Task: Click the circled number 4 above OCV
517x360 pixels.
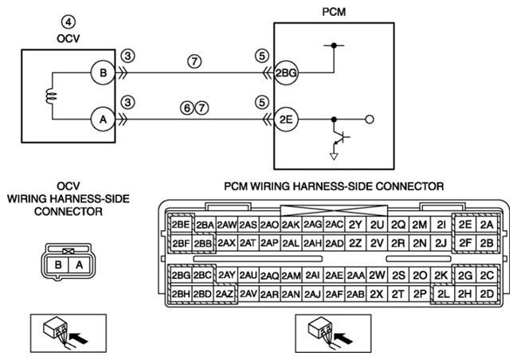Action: (69, 22)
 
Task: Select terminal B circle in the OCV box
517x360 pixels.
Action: (103, 72)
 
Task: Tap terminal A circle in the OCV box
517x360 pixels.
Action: (103, 119)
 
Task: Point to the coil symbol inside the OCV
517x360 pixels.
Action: (52, 96)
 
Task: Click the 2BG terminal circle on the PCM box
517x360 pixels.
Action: (286, 72)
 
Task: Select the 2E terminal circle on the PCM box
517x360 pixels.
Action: (286, 119)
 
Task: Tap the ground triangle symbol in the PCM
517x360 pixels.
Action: (334, 157)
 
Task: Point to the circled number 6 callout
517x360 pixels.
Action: (187, 108)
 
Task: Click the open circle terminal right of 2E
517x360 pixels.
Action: (370, 119)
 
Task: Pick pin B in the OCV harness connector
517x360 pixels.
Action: (58, 264)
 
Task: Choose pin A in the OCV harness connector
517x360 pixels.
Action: (79, 264)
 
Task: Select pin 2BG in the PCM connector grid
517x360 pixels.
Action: (181, 275)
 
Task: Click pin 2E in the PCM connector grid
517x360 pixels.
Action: (465, 225)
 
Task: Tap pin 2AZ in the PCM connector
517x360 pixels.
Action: (225, 293)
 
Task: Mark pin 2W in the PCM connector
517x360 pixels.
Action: (377, 275)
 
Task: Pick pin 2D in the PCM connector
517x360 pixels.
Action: (487, 293)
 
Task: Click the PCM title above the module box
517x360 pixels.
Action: (334, 11)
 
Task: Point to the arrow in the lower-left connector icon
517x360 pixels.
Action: (80, 338)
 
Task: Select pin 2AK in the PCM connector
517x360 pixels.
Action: (291, 225)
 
